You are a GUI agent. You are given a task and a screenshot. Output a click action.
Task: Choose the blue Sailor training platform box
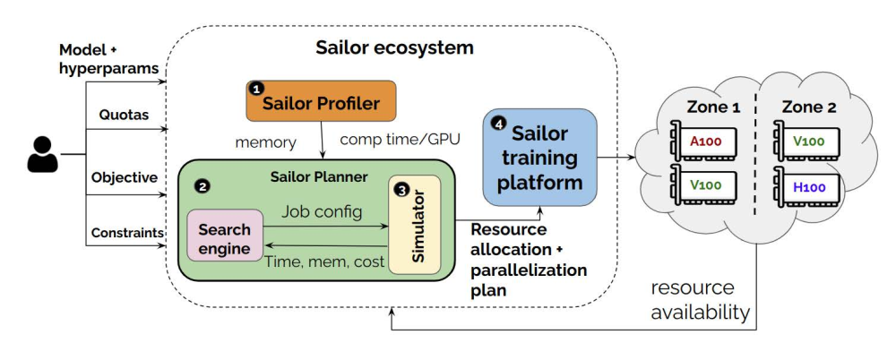point(539,158)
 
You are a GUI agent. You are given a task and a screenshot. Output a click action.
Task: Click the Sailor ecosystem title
point(394,47)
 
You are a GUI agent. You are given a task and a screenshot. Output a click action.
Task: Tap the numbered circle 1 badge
point(257,89)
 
